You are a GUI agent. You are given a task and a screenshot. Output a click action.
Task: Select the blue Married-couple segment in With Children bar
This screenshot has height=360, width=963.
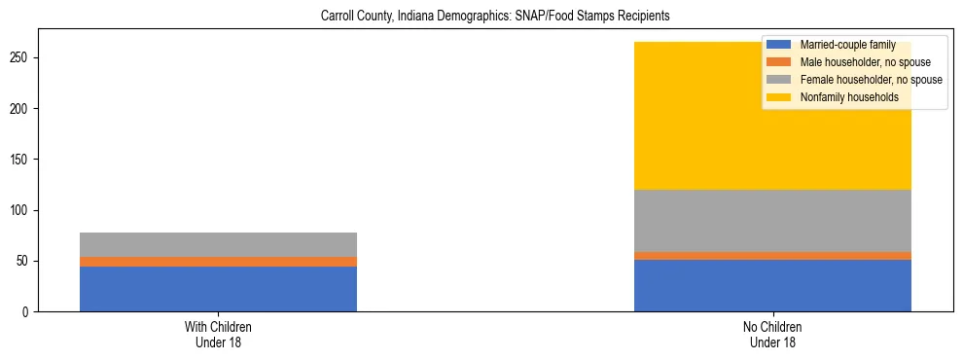click(218, 289)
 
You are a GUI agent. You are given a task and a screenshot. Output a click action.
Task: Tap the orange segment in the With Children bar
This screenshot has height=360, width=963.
click(218, 262)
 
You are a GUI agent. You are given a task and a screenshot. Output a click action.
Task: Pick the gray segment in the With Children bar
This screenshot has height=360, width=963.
click(218, 244)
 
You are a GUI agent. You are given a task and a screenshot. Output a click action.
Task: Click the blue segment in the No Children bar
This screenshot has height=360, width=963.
click(772, 285)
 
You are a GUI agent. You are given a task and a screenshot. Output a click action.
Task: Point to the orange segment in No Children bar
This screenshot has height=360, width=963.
click(772, 256)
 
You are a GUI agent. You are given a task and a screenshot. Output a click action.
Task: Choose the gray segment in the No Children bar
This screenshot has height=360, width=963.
click(772, 221)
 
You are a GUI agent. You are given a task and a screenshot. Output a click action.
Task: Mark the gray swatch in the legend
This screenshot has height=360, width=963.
click(779, 80)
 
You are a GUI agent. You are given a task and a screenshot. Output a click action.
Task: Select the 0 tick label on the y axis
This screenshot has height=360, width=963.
click(29, 312)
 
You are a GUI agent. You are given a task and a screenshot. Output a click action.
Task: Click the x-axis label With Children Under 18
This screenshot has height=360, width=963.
click(218, 335)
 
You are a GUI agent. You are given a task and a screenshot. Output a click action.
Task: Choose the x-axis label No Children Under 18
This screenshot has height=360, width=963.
click(772, 335)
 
